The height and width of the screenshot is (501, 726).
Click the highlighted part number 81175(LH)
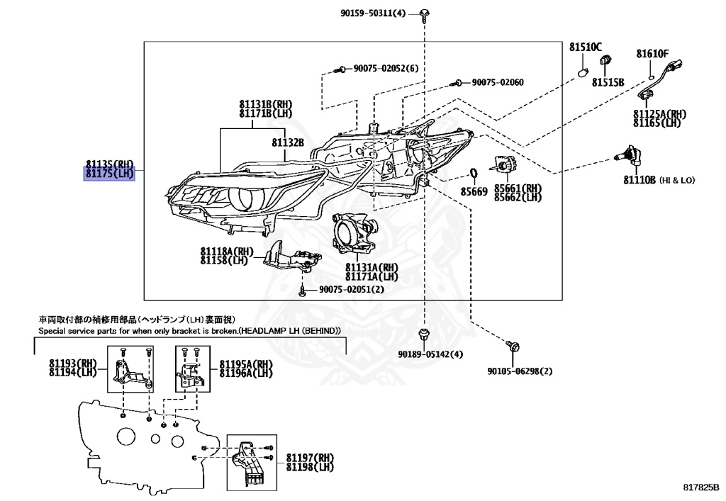coord(109,172)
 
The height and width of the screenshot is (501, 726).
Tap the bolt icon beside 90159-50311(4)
coord(424,13)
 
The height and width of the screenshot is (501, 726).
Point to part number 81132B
coord(288,142)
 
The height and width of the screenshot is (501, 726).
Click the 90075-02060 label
coord(498,83)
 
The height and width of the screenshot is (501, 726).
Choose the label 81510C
coord(585,47)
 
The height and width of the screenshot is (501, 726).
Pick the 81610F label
coord(652,54)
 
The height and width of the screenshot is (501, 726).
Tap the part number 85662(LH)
coord(518,198)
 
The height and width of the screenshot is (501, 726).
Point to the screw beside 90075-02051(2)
coord(303,290)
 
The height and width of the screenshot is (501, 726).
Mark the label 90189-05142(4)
coord(430,354)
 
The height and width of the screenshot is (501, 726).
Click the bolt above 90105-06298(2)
coord(514,345)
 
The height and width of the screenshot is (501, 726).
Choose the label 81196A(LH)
coord(245,373)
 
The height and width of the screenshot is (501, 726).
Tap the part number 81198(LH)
coord(310,467)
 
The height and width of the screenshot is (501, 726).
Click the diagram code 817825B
coord(701,488)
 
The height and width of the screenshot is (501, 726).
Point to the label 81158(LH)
coord(223,260)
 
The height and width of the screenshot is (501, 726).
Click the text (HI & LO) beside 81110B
coord(677,181)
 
